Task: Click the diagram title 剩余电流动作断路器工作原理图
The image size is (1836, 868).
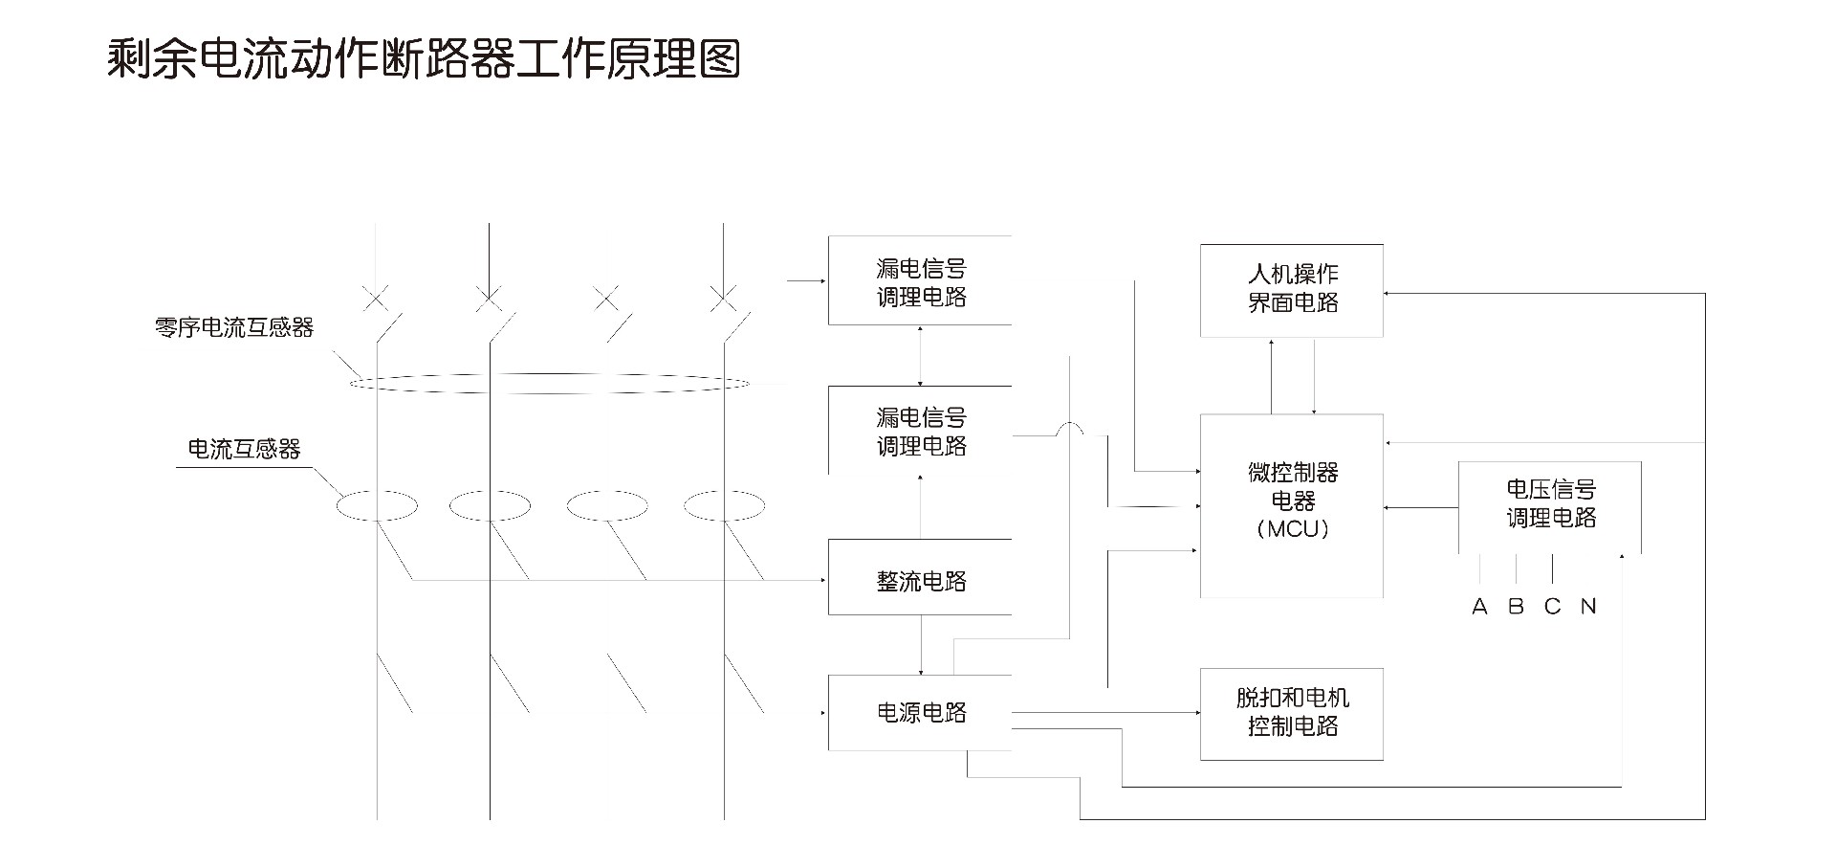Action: point(424,59)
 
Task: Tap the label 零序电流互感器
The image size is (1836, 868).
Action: point(234,328)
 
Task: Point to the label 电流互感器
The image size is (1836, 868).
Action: point(244,449)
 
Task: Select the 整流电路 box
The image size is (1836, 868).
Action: point(920,578)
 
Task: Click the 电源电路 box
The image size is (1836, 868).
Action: point(920,713)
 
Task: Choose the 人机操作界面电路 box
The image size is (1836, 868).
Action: point(1292,289)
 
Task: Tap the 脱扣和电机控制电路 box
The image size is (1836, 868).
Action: point(1292,714)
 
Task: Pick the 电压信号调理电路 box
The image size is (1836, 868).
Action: point(1550,505)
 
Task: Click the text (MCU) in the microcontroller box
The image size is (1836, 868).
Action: point(1292,529)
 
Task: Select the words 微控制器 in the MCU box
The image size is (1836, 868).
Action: point(1292,473)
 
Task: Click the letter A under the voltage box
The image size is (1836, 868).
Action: point(1479,607)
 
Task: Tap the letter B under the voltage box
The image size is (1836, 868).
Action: point(1516,607)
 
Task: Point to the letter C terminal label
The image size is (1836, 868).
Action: point(1552,607)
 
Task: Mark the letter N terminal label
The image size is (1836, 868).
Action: point(1588,607)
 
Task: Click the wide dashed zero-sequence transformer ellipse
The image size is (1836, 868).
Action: point(550,384)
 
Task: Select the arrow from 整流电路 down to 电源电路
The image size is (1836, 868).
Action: point(921,645)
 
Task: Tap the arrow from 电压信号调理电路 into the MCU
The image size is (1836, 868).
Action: point(1421,507)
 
